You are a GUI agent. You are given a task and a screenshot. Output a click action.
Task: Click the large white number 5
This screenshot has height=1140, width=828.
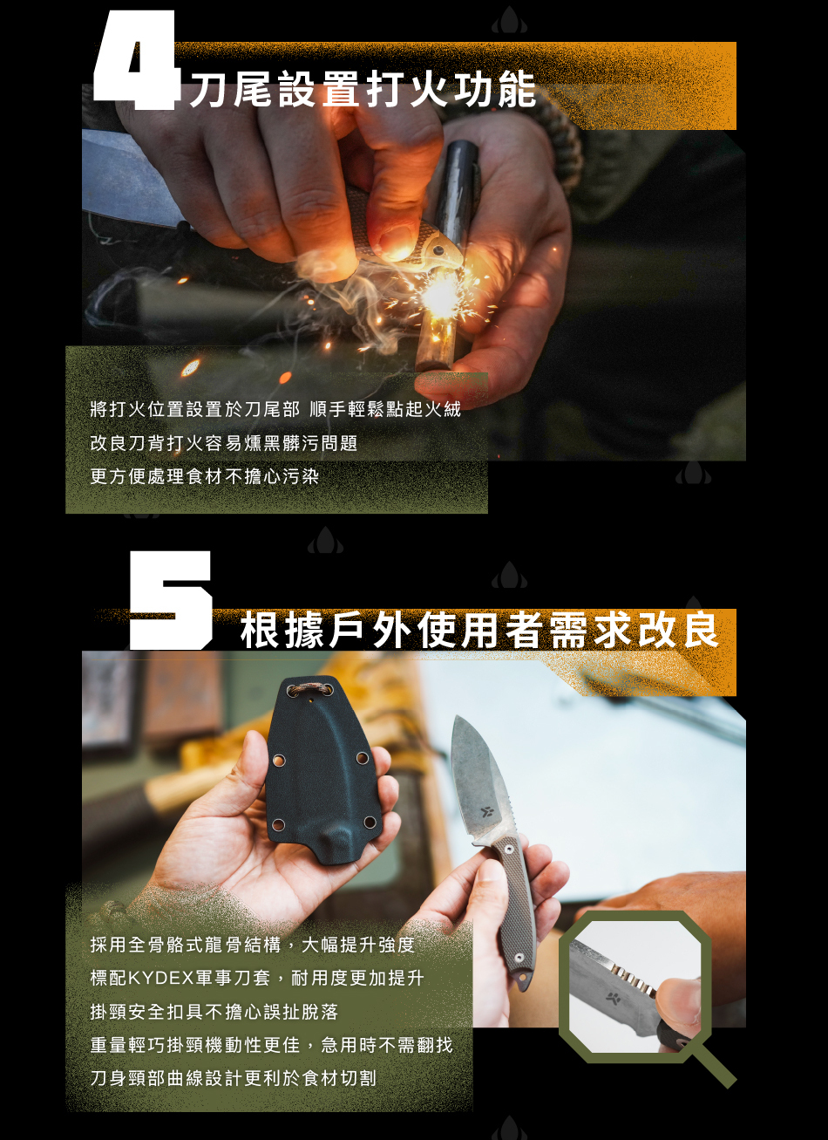click(171, 601)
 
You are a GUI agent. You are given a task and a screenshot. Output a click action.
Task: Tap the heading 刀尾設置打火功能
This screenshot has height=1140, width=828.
click(363, 89)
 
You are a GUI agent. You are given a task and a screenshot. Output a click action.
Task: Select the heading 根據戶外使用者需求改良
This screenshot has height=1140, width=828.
click(479, 630)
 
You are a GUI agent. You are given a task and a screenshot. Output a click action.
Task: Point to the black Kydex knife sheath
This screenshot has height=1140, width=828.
click(323, 769)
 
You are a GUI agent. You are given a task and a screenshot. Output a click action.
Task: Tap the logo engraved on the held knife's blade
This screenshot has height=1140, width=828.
click(486, 811)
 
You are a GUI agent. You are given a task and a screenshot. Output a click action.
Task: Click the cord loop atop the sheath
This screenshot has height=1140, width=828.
click(309, 688)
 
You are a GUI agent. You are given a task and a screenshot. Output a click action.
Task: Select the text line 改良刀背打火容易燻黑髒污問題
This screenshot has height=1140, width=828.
click(224, 443)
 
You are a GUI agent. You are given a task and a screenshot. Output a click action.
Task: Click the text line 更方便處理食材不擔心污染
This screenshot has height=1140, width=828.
click(205, 476)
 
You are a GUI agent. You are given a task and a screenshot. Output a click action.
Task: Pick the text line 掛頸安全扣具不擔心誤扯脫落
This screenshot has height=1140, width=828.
click(214, 1011)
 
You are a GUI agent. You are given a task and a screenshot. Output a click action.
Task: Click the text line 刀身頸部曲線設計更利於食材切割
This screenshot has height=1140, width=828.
click(234, 1077)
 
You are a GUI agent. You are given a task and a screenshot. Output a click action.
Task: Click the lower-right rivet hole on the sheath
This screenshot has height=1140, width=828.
click(370, 822)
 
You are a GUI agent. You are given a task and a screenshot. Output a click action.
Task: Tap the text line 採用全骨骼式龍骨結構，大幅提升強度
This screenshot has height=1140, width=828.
click(253, 945)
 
